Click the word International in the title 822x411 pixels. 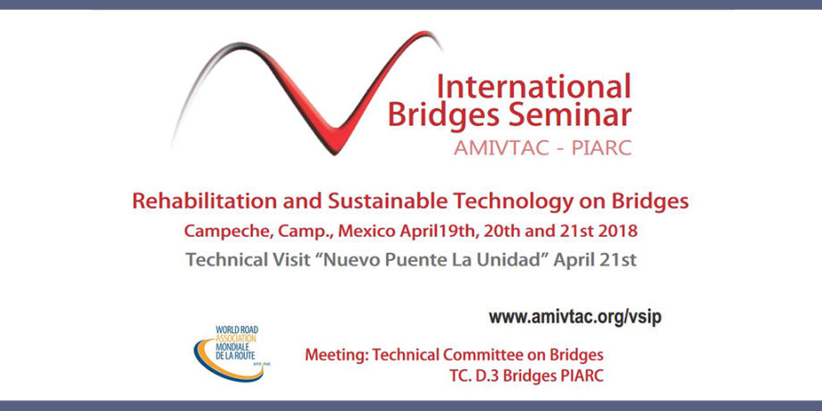point(533,86)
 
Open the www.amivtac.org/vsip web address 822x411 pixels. point(575,318)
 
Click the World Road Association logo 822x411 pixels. point(229,353)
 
